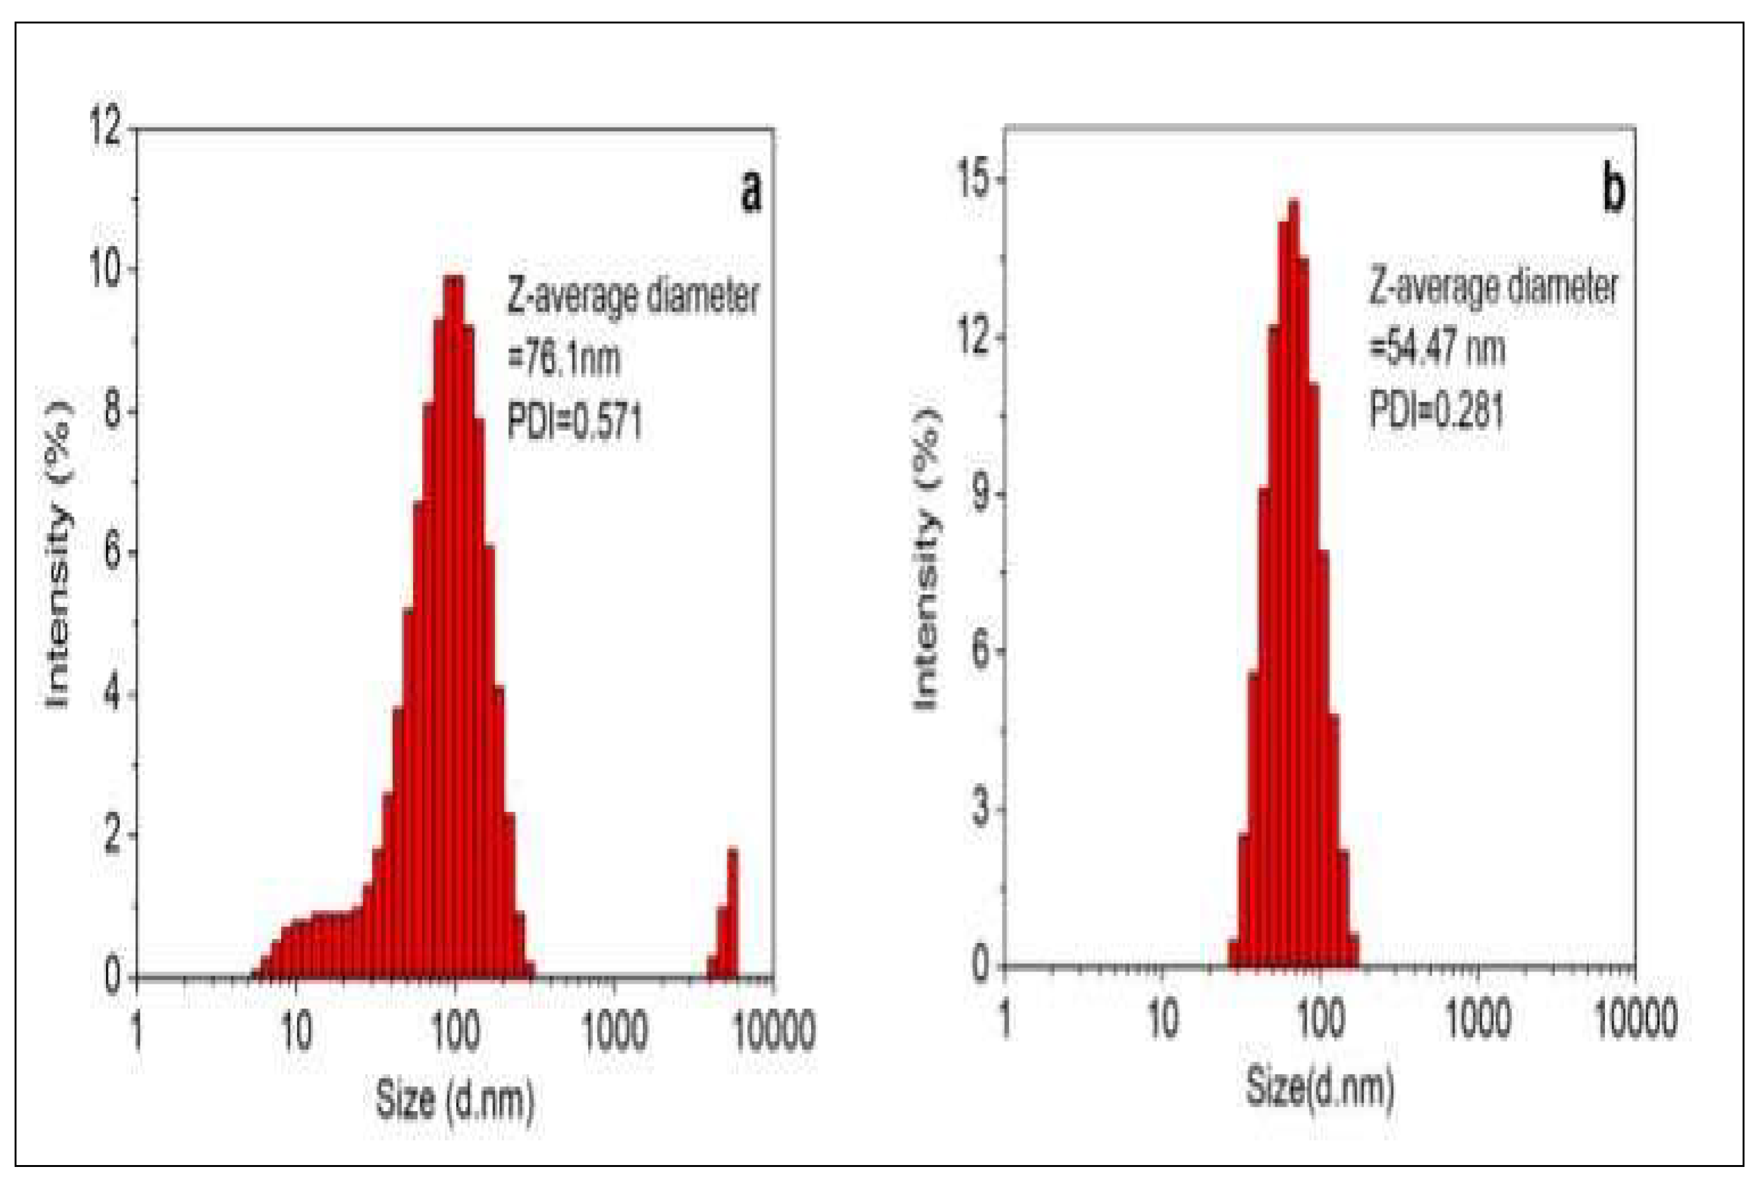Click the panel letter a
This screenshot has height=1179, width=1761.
point(751,193)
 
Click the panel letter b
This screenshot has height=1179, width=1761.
point(1612,191)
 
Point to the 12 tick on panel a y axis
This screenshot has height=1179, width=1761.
point(105,129)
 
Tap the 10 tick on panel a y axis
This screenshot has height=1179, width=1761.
point(105,270)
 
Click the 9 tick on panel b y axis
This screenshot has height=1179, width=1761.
point(979,495)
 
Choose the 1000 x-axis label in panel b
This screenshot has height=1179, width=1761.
point(1477,1020)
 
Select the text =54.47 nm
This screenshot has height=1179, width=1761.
point(1437,349)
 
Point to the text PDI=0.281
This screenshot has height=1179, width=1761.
point(1435,412)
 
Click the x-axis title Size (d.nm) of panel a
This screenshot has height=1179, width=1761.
point(456,1099)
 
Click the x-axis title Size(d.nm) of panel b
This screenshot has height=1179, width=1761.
point(1320,1088)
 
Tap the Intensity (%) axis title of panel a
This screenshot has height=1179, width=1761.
point(58,556)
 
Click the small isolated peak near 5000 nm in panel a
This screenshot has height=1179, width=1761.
point(731,917)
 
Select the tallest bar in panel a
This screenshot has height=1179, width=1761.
point(454,624)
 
